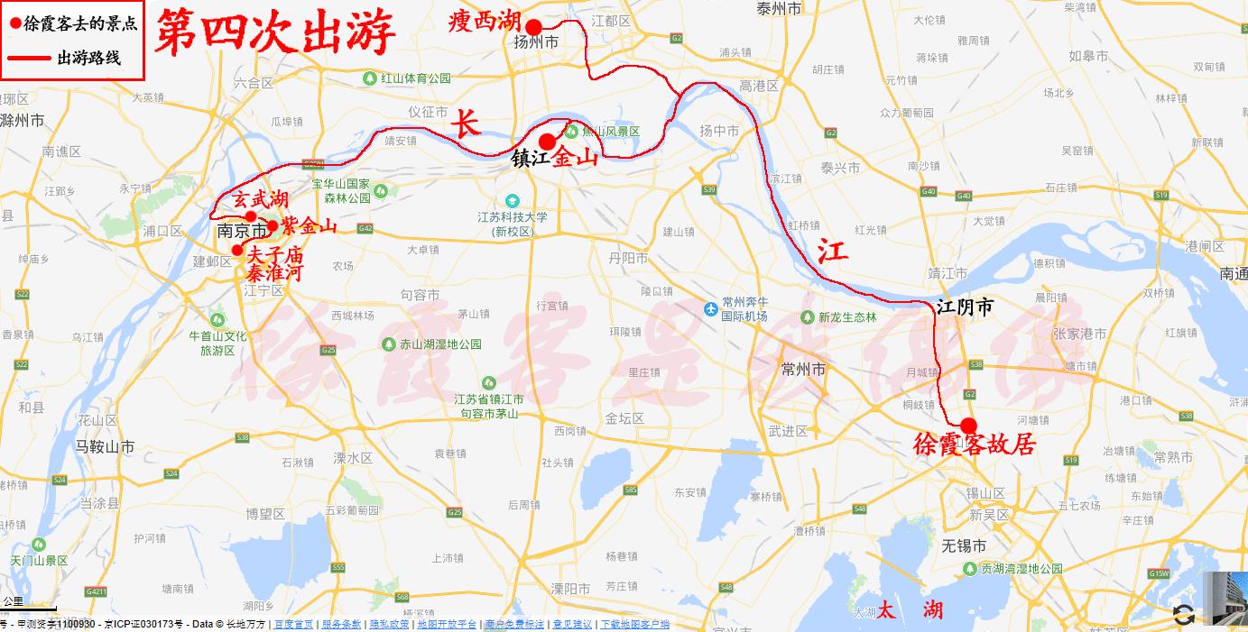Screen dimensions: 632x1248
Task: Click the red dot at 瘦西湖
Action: click(x=534, y=26)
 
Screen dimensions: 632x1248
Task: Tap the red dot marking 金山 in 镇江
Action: click(x=547, y=142)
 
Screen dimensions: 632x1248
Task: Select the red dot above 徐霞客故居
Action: click(x=968, y=426)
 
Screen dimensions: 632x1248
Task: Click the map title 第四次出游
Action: click(x=276, y=34)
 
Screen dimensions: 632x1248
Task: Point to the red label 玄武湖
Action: click(x=260, y=198)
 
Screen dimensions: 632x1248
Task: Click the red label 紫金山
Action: click(x=309, y=225)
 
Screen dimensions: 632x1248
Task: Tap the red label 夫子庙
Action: click(x=275, y=254)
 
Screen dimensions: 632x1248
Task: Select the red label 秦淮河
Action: click(x=275, y=271)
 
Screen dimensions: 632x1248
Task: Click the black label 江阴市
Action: click(x=965, y=307)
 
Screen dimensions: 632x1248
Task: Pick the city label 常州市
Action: click(x=803, y=370)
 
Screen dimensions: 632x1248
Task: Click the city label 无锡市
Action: click(x=964, y=546)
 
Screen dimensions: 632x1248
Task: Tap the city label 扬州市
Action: click(x=535, y=42)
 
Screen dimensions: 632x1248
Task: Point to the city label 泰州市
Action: click(x=780, y=9)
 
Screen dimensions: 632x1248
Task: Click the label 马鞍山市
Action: click(x=105, y=446)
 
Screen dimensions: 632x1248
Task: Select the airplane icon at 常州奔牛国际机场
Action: click(x=711, y=309)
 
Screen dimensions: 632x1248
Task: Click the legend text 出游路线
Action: click(x=88, y=59)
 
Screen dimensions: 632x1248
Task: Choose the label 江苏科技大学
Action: click(x=513, y=217)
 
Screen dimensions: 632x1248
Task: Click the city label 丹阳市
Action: click(x=627, y=258)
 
